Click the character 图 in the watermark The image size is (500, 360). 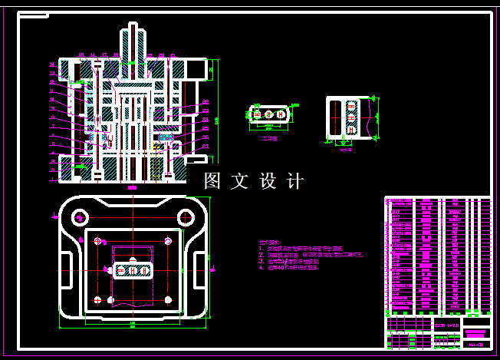[x=212, y=182]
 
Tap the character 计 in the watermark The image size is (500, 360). [x=294, y=182]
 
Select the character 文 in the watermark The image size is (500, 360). [x=240, y=182]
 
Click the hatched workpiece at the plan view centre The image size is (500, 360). [x=133, y=270]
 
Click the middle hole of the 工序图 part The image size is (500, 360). [x=270, y=114]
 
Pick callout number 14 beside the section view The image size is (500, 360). [x=51, y=64]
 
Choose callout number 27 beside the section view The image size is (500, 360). [x=206, y=145]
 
